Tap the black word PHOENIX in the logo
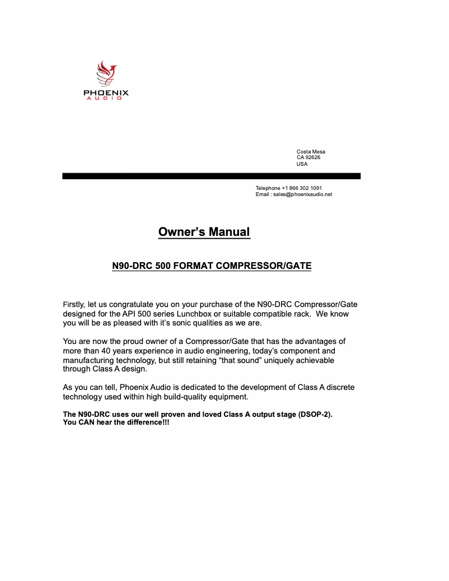106,93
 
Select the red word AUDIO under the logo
106,99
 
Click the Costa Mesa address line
311,152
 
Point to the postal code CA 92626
308,157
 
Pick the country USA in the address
302,164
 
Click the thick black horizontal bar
211,176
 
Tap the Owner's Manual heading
204,232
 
